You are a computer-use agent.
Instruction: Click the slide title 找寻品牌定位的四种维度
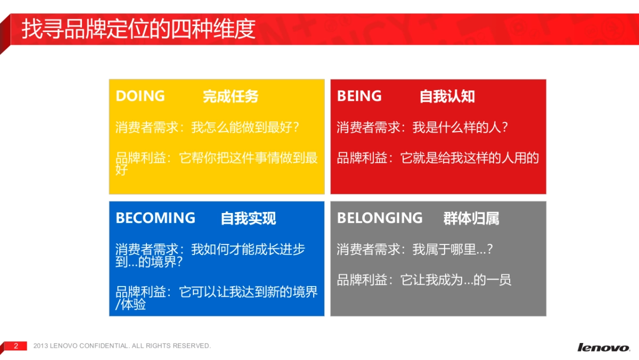[x=138, y=29]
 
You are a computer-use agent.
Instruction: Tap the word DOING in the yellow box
[x=140, y=96]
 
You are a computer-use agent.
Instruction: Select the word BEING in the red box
[x=359, y=96]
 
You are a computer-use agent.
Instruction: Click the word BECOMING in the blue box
[x=155, y=218]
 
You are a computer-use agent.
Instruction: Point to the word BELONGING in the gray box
[x=380, y=218]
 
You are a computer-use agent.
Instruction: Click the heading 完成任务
[x=231, y=96]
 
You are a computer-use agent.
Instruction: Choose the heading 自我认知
[x=447, y=96]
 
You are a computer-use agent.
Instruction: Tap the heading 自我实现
[x=248, y=218]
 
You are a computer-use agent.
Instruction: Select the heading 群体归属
[x=471, y=218]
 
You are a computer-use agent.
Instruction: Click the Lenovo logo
[x=603, y=347]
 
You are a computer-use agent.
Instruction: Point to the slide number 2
[x=16, y=346]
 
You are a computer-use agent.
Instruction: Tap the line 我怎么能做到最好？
[x=245, y=128]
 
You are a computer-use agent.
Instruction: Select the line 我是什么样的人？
[x=461, y=128]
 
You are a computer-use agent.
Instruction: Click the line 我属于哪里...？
[x=453, y=249]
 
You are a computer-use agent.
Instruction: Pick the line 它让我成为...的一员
[x=456, y=280]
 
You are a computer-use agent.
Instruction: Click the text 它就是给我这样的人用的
[x=470, y=158]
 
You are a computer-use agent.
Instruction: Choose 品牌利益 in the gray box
[x=362, y=280]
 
